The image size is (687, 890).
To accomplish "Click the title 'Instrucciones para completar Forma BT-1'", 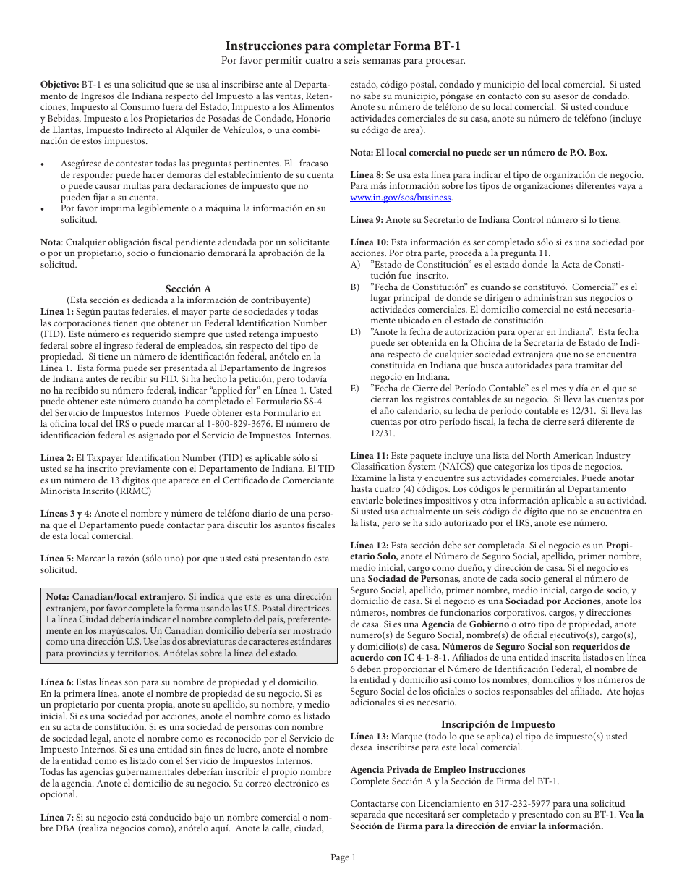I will (x=343, y=46).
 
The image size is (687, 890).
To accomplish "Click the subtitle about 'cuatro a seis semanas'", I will (x=343, y=60).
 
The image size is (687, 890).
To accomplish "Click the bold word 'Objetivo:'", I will (x=59, y=85).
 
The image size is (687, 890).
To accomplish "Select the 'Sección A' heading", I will (x=188, y=289).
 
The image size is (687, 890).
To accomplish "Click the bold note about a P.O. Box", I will (x=479, y=153).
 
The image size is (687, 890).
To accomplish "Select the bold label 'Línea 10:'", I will (x=370, y=242).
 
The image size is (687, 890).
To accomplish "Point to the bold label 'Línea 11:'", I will (x=370, y=456).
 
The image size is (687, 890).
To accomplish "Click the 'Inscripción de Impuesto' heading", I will (x=498, y=724).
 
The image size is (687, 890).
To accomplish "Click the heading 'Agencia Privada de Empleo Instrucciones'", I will (x=438, y=770).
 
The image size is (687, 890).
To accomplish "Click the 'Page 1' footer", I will (x=343, y=857).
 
